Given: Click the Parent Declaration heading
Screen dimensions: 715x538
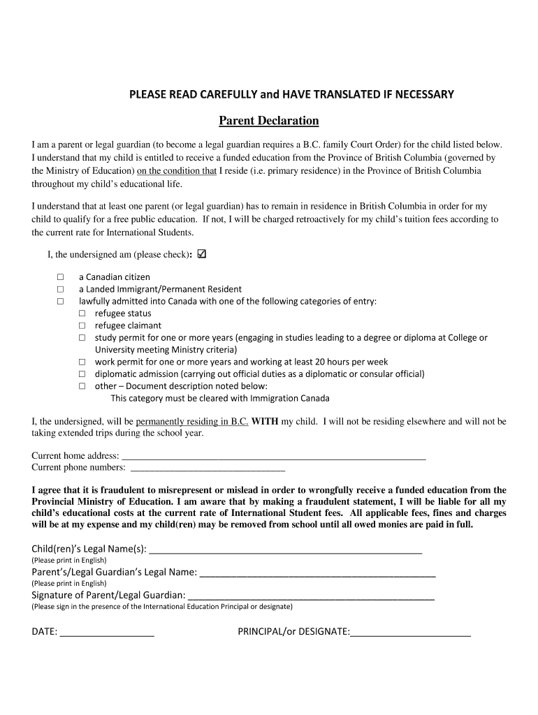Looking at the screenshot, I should tap(269, 121).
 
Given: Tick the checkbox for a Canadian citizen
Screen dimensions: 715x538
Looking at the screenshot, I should tap(60, 277).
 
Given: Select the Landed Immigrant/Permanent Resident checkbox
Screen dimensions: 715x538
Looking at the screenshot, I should tap(60, 289).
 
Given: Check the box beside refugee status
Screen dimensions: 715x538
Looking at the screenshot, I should tap(82, 314).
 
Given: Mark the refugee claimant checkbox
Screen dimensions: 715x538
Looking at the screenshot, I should tap(82, 325).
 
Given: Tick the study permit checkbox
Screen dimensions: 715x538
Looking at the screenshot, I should tap(82, 337).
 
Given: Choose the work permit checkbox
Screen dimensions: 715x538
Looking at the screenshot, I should tap(82, 362).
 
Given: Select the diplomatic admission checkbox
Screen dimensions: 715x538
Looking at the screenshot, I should tap(82, 374).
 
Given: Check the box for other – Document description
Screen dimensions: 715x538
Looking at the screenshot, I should tap(82, 385).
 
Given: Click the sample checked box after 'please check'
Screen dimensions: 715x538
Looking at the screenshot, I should tap(203, 254).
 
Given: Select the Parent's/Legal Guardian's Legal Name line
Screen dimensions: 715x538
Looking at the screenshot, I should tap(317, 573).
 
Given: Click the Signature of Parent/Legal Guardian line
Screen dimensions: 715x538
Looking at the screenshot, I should tap(311, 596).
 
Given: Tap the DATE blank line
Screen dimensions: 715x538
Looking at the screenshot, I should tap(107, 633).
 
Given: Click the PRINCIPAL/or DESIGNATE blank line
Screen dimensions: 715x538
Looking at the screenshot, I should tap(410, 633).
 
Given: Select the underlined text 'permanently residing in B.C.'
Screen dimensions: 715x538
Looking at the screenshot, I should tap(192, 422).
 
